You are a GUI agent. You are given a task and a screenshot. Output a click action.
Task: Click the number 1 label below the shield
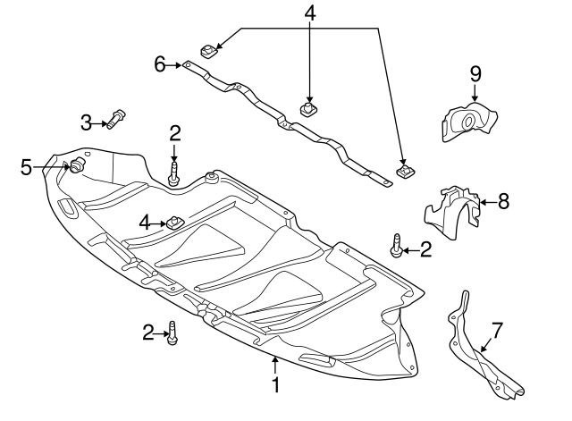coord(276,385)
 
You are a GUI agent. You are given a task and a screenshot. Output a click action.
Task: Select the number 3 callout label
coord(87,122)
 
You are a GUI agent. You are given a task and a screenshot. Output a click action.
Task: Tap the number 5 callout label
coord(27,166)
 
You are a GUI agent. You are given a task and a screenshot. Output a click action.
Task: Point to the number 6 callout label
coord(160,63)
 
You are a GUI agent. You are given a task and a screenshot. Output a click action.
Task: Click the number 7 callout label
coord(498,331)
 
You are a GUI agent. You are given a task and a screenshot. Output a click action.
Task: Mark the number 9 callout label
coord(475,72)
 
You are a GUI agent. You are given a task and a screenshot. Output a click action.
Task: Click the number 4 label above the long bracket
coord(309,15)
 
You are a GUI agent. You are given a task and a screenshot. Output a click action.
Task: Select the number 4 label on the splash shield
coord(145,221)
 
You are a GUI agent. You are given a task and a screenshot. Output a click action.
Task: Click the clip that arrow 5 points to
coord(76,165)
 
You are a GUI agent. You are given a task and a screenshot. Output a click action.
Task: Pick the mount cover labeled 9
coord(468,122)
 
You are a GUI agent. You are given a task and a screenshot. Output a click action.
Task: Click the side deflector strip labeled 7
coord(483,358)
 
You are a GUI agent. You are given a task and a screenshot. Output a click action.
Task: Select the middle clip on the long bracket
coord(308,111)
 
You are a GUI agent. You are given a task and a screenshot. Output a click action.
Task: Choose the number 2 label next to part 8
coord(425,250)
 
